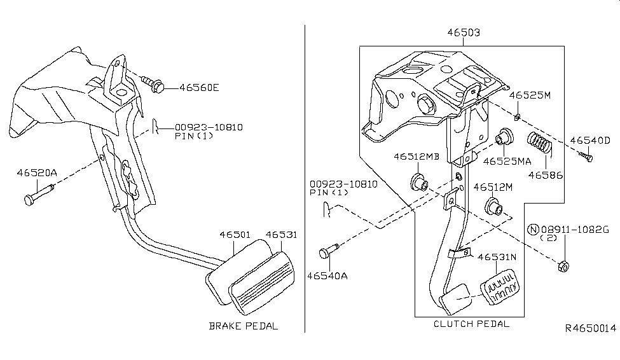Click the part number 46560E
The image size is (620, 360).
198,88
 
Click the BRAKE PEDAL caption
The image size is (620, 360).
244,326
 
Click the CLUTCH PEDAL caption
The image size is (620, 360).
471,324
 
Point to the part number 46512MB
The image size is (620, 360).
415,156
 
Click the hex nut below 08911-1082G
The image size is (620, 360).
563,266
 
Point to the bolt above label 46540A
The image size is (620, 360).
326,253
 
